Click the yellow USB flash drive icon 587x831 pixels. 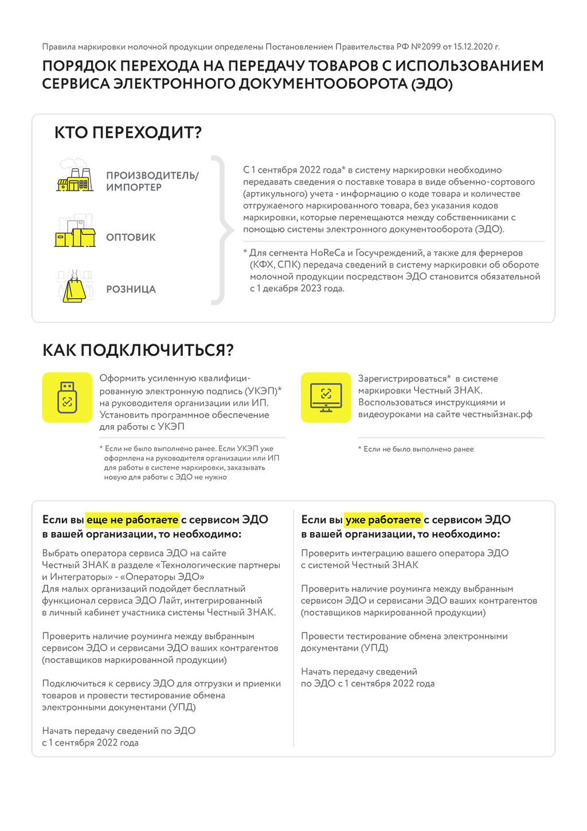(x=67, y=398)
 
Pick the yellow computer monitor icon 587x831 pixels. (x=326, y=398)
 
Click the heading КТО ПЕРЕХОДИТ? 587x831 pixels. (x=128, y=133)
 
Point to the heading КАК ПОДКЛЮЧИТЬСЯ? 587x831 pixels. (x=138, y=350)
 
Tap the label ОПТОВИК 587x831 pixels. (x=131, y=238)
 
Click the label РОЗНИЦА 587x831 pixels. (x=131, y=289)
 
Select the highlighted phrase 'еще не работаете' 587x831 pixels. (x=132, y=520)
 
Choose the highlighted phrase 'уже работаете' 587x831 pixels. (x=383, y=520)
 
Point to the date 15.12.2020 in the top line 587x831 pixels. (x=473, y=47)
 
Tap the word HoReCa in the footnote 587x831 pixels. (x=327, y=253)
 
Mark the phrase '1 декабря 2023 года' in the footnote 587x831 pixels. (x=297, y=289)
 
